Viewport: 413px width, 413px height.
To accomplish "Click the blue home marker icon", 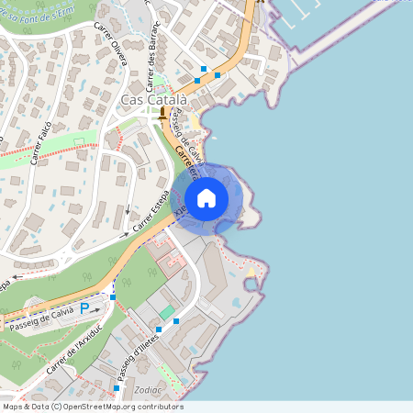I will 206,197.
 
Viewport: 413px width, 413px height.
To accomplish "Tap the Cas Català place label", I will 154,99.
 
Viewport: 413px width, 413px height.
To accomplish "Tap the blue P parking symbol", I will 85,309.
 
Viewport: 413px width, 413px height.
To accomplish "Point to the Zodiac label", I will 148,390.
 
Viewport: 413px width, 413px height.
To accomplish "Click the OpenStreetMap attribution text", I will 92,407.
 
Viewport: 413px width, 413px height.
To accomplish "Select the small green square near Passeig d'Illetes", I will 166,313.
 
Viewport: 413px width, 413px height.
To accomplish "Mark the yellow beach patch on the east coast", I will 252,272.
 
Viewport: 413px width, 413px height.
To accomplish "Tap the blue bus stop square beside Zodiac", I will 117,388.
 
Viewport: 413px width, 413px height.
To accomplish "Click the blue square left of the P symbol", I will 113,297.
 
